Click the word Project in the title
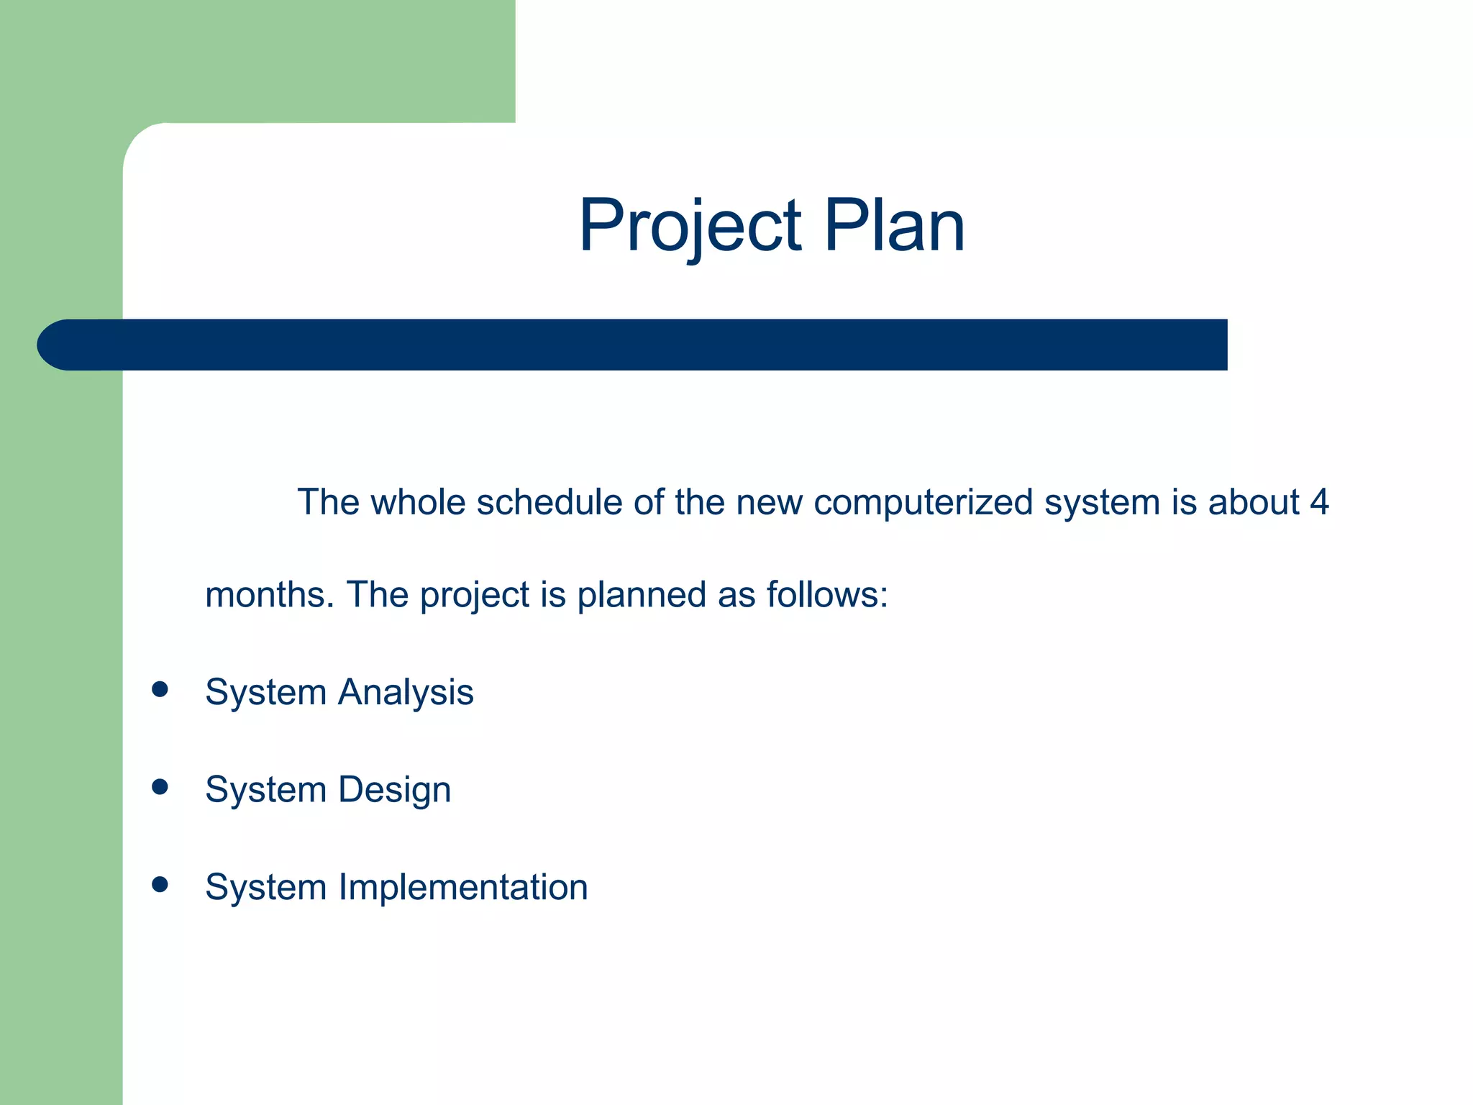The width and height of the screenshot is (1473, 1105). (690, 226)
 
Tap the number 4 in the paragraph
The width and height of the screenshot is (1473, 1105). (1318, 502)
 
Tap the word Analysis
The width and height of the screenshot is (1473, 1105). (406, 693)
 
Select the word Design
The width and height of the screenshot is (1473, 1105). (394, 790)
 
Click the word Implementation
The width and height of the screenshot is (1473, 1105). (463, 887)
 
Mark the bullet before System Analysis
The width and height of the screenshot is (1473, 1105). (160, 690)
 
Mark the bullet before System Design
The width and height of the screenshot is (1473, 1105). (160, 787)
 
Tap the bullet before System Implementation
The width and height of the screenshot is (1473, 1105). (160, 884)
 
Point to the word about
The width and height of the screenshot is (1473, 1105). (1254, 502)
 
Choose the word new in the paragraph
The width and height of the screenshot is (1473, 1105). (769, 502)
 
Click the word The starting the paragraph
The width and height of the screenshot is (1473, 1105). (328, 502)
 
